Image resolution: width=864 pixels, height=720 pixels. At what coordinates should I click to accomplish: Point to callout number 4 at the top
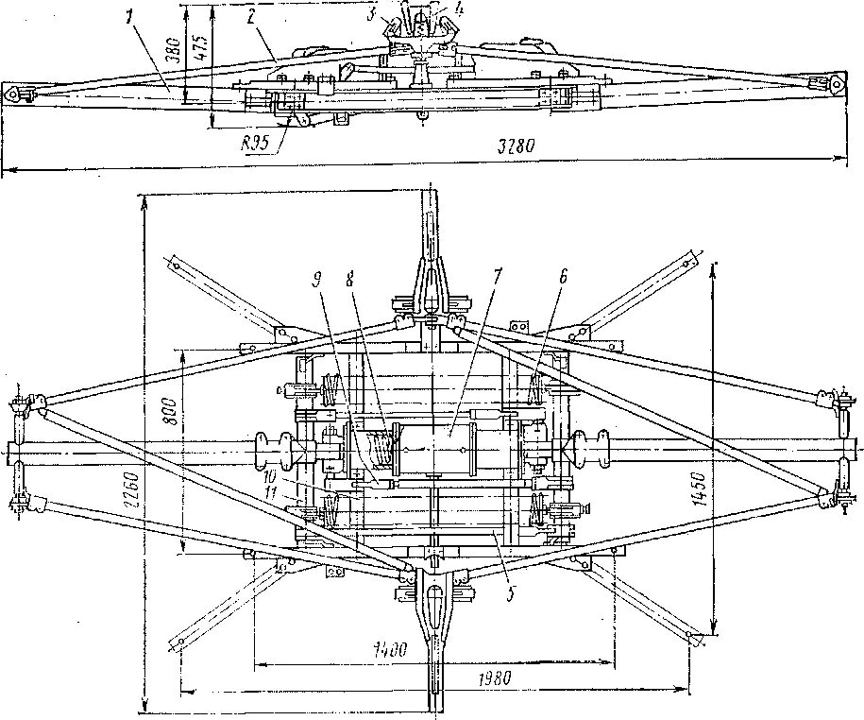[459, 9]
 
